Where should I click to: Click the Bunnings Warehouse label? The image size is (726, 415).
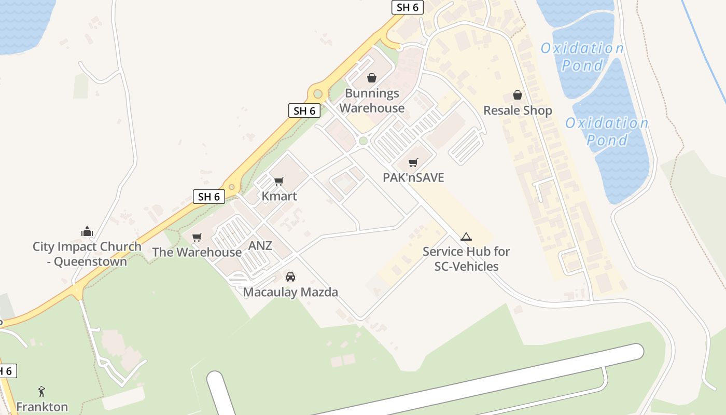[x=372, y=101]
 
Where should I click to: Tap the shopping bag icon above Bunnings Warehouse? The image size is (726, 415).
[x=372, y=78]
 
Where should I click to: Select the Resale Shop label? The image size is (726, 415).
[x=518, y=110]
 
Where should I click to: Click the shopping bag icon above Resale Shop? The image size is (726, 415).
[x=518, y=95]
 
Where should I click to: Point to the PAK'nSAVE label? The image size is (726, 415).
[x=413, y=177]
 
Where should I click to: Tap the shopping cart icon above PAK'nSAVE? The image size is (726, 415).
[x=413, y=163]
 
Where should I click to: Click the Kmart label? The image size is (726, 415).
[x=279, y=196]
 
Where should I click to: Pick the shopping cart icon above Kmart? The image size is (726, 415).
[x=279, y=181]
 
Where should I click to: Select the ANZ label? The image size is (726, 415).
[x=260, y=245]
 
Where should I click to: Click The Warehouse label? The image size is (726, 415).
[x=197, y=252]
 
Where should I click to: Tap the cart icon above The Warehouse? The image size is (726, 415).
[x=197, y=238]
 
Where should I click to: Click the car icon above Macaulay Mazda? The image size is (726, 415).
[x=290, y=277]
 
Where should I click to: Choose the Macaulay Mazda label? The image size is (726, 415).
[x=290, y=292]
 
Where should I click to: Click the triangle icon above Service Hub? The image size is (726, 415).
[x=466, y=237]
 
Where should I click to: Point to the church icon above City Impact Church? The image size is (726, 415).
[x=87, y=231]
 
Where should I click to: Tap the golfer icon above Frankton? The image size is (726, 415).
[x=41, y=392]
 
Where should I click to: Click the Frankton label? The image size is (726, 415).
[x=41, y=407]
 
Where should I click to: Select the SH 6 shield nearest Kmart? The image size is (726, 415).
[x=209, y=197]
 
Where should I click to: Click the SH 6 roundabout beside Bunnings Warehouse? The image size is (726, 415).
[x=318, y=94]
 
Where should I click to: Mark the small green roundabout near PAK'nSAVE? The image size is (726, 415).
[x=363, y=141]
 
